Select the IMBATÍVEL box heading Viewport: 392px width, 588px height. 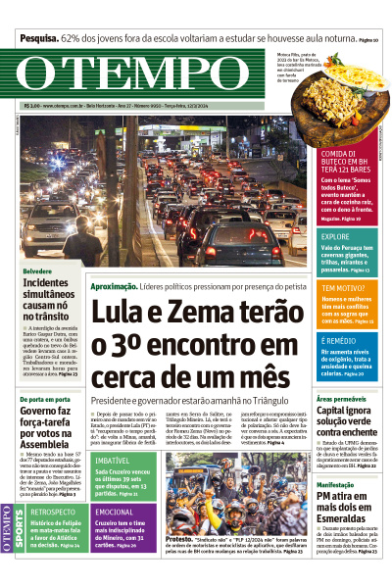[113, 460]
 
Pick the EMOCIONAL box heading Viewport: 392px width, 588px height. [115, 512]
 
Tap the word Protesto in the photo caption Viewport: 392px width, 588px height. [178, 538]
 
